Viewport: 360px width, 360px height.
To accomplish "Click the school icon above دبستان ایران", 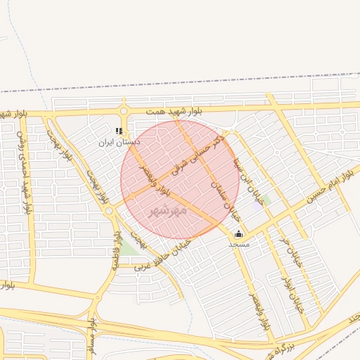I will [119, 131].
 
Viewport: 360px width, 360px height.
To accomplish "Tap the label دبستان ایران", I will [119, 142].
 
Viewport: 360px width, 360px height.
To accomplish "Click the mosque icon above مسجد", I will [238, 234].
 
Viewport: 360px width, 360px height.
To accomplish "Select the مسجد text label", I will [238, 244].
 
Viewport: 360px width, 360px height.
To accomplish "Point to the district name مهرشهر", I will [169, 210].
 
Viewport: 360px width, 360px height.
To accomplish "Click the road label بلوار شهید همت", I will [175, 111].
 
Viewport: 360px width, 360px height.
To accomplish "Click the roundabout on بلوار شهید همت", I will [124, 111].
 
